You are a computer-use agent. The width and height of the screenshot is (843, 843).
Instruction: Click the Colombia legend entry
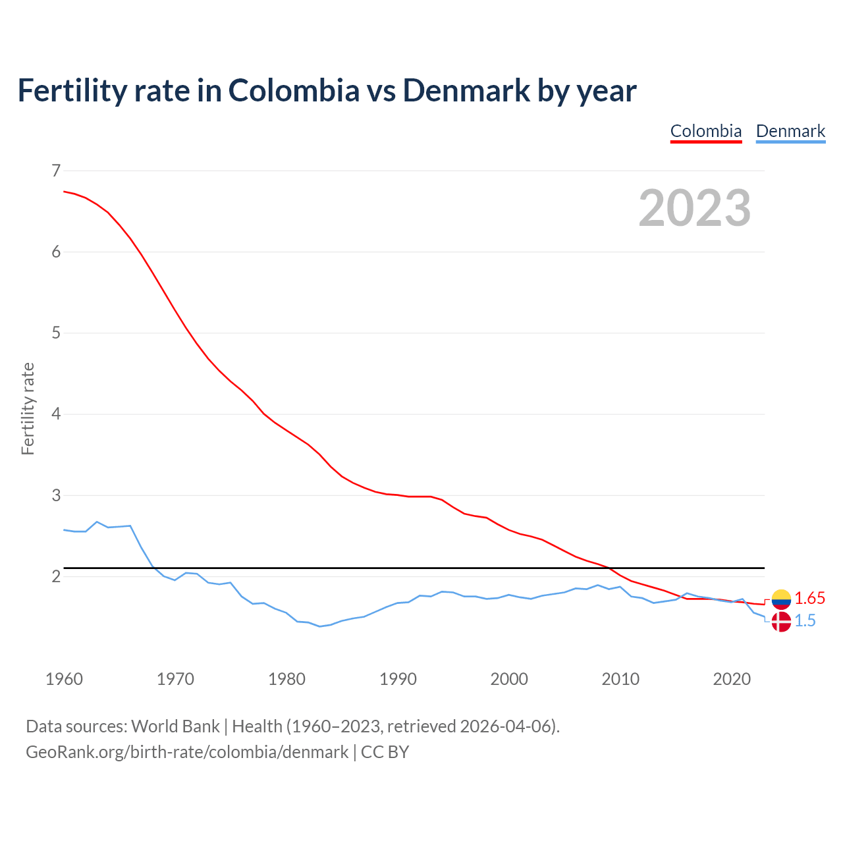pos(706,131)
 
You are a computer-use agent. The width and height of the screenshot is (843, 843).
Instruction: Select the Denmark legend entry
pos(790,131)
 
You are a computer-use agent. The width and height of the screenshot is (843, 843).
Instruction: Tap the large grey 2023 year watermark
pos(694,208)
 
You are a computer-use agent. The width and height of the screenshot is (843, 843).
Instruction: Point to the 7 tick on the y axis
pos(55,171)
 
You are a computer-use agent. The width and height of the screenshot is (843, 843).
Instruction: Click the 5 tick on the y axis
pos(55,333)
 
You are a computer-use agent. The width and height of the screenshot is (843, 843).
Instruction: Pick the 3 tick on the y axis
pos(55,495)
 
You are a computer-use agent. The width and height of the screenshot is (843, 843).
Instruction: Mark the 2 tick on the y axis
pos(55,576)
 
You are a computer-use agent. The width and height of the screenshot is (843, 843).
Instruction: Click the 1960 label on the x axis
pos(64,679)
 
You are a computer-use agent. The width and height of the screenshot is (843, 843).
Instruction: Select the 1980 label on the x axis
pos(286,679)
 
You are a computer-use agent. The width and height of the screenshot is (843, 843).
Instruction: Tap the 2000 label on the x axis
pos(509,679)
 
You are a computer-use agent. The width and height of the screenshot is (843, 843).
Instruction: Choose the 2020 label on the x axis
pos(732,679)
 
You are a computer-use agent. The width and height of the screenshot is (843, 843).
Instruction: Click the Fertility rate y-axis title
pos(28,408)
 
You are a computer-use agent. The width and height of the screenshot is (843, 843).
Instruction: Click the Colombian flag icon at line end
pos(781,599)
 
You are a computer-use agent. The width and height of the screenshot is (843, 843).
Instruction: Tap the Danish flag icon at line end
pos(781,621)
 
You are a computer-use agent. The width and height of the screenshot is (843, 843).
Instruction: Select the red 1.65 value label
pos(809,599)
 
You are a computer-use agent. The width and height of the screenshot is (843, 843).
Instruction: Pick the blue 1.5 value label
pos(805,621)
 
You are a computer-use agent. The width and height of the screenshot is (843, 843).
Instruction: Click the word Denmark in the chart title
pos(466,90)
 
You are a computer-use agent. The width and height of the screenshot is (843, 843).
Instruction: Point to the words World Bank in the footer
pos(175,726)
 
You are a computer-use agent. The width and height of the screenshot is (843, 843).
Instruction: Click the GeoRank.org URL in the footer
pos(187,752)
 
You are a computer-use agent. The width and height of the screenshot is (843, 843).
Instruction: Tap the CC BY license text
pos(385,752)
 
